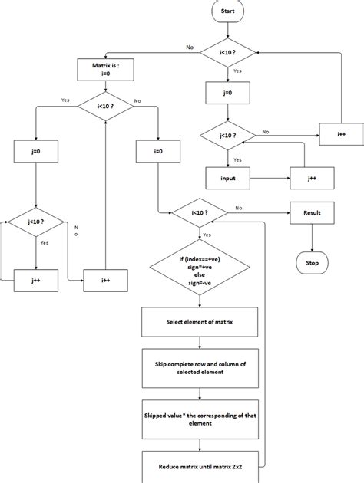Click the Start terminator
coord(227,11)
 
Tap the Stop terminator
coord(312,262)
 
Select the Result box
coord(312,212)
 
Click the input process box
coord(227,178)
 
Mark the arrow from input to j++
coord(268,178)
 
